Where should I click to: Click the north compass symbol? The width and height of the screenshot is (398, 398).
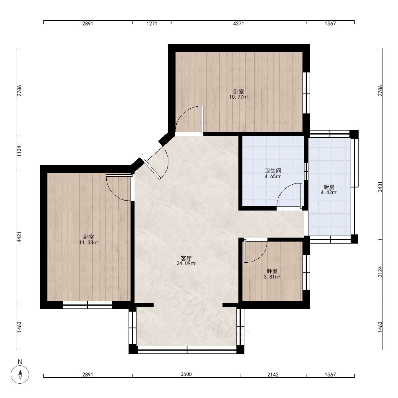(x=20, y=374)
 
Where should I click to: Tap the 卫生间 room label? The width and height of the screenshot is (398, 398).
(x=273, y=171)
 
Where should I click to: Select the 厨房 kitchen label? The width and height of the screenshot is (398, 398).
(x=329, y=187)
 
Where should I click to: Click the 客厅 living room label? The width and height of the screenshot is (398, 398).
(x=186, y=258)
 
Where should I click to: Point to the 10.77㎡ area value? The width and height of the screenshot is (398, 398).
(x=239, y=97)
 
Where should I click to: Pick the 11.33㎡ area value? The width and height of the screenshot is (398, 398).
(x=89, y=242)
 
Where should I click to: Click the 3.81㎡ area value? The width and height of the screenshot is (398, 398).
(x=272, y=277)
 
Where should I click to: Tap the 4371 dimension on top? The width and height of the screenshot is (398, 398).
(x=238, y=23)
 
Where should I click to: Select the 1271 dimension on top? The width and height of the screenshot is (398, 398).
(x=152, y=23)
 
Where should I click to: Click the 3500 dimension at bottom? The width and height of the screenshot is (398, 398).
(x=186, y=374)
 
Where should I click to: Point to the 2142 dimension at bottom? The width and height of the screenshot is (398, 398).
(x=273, y=375)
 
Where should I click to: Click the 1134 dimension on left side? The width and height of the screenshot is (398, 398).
(x=19, y=151)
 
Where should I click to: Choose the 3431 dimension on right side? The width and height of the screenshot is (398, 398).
(x=380, y=187)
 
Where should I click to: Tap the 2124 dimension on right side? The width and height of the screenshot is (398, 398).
(x=380, y=271)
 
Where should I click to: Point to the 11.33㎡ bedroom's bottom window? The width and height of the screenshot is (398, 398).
(x=87, y=305)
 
